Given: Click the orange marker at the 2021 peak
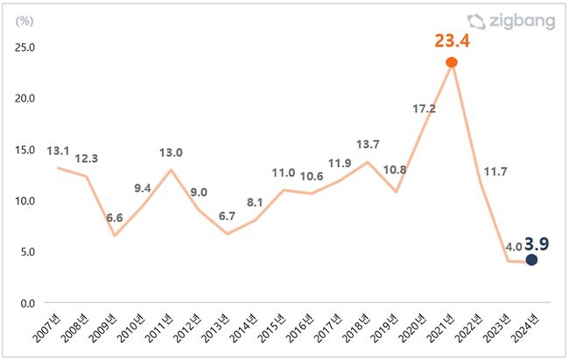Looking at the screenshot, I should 452,62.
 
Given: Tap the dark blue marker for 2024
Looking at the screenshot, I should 530,260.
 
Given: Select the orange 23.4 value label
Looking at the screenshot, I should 452,40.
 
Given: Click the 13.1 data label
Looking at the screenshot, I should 58,151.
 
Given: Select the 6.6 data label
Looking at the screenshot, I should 115,217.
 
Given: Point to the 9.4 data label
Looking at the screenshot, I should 143,187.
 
